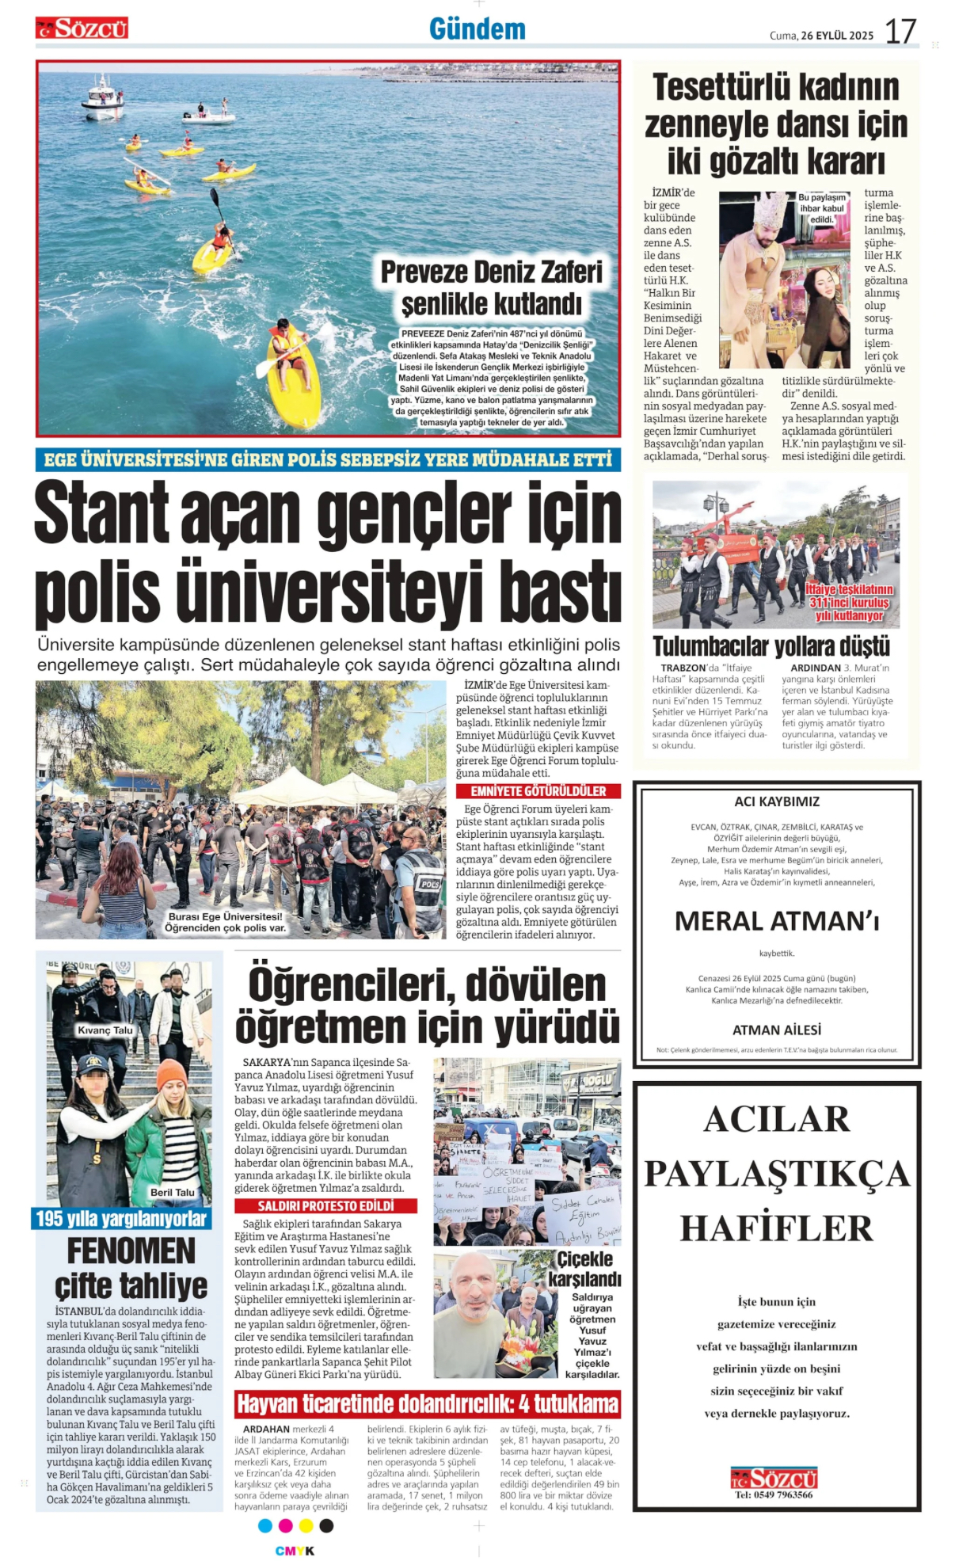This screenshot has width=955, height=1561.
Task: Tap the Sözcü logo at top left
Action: (x=82, y=29)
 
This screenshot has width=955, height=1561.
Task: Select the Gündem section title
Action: (x=477, y=29)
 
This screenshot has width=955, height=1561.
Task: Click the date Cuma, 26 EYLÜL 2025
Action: (x=821, y=36)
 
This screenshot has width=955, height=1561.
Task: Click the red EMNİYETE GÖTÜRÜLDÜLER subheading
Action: (x=538, y=791)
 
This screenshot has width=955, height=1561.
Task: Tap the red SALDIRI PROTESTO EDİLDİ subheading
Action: (x=325, y=1205)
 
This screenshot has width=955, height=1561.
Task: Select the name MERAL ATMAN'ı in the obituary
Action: (x=776, y=921)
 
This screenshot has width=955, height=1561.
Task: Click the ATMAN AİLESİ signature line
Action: (x=776, y=1030)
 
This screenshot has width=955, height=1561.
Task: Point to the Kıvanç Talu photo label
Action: (x=105, y=1030)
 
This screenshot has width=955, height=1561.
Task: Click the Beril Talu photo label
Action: (x=172, y=1192)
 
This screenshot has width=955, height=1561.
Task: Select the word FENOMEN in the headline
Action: (x=131, y=1251)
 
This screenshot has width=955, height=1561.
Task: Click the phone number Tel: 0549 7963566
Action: (x=773, y=1495)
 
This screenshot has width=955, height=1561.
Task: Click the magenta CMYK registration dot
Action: (x=285, y=1525)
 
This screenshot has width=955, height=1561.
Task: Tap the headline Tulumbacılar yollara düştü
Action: (x=770, y=646)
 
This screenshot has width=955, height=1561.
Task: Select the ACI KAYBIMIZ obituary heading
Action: (x=776, y=801)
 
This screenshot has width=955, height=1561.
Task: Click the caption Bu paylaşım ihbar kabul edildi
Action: (x=821, y=208)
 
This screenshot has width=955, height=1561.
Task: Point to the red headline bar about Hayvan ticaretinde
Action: (x=428, y=1405)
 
